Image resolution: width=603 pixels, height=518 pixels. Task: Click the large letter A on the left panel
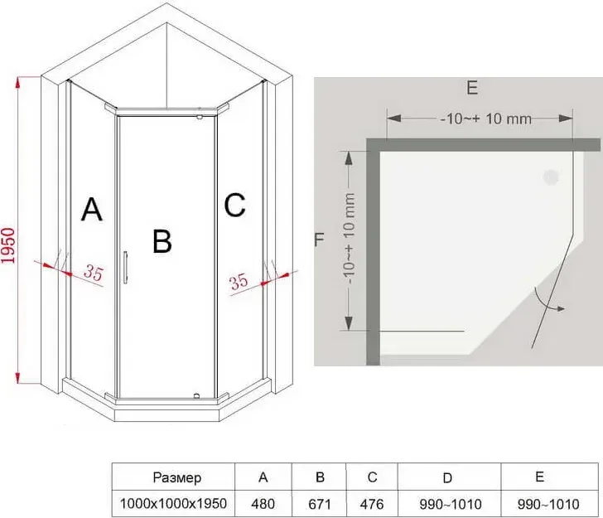point(92,210)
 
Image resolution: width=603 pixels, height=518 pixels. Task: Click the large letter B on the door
point(162,241)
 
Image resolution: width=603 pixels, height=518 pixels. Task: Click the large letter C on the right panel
point(234,205)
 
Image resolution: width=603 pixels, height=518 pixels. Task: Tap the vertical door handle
point(125,268)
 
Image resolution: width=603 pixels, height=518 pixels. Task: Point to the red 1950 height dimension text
point(8,246)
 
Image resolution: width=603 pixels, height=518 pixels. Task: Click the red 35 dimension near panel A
point(94,273)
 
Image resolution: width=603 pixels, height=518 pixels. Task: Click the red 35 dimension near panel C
point(239,282)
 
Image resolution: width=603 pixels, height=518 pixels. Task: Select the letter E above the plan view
point(472,88)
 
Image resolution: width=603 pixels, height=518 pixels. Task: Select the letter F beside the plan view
point(319,240)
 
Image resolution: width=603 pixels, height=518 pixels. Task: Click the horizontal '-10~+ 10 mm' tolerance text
point(486,119)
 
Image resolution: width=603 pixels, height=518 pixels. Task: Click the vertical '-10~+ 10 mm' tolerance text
point(349,239)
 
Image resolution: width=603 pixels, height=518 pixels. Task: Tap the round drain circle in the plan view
point(551,177)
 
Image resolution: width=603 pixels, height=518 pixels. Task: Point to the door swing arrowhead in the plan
point(562,308)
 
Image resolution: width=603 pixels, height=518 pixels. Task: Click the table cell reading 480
point(263,504)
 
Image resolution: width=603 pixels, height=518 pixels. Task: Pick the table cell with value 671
point(320,504)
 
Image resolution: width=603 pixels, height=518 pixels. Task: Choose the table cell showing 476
point(372,504)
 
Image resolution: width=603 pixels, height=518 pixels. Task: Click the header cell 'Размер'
point(177,477)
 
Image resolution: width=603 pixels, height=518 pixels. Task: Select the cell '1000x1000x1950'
point(173,503)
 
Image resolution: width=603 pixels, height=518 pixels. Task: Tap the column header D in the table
point(447,478)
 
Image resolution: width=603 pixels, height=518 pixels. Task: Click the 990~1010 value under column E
point(548,504)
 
